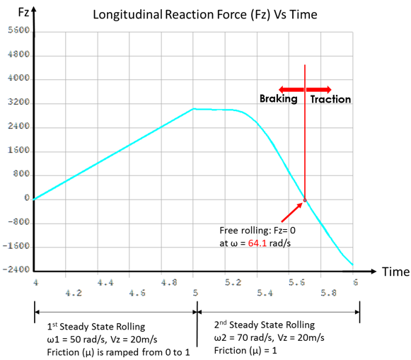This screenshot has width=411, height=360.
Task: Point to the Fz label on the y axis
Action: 13,12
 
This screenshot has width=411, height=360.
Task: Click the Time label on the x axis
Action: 394,272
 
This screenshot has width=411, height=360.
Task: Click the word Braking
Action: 278,100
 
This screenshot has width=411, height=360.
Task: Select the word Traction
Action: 330,100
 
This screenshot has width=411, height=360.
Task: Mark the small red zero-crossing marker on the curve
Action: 305,200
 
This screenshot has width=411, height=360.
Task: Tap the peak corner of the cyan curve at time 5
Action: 194,109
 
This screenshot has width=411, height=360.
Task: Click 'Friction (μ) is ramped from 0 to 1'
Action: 113,352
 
